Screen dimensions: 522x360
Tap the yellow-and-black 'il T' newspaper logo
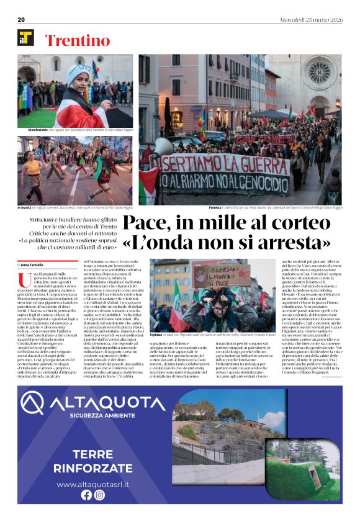(25, 38)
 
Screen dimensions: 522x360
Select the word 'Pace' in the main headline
(149, 224)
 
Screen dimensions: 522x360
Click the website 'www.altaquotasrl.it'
(93, 484)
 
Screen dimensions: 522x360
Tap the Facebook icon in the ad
(86, 495)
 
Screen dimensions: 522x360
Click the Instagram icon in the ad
(99, 495)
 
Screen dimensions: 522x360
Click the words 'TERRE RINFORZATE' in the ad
(93, 460)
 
